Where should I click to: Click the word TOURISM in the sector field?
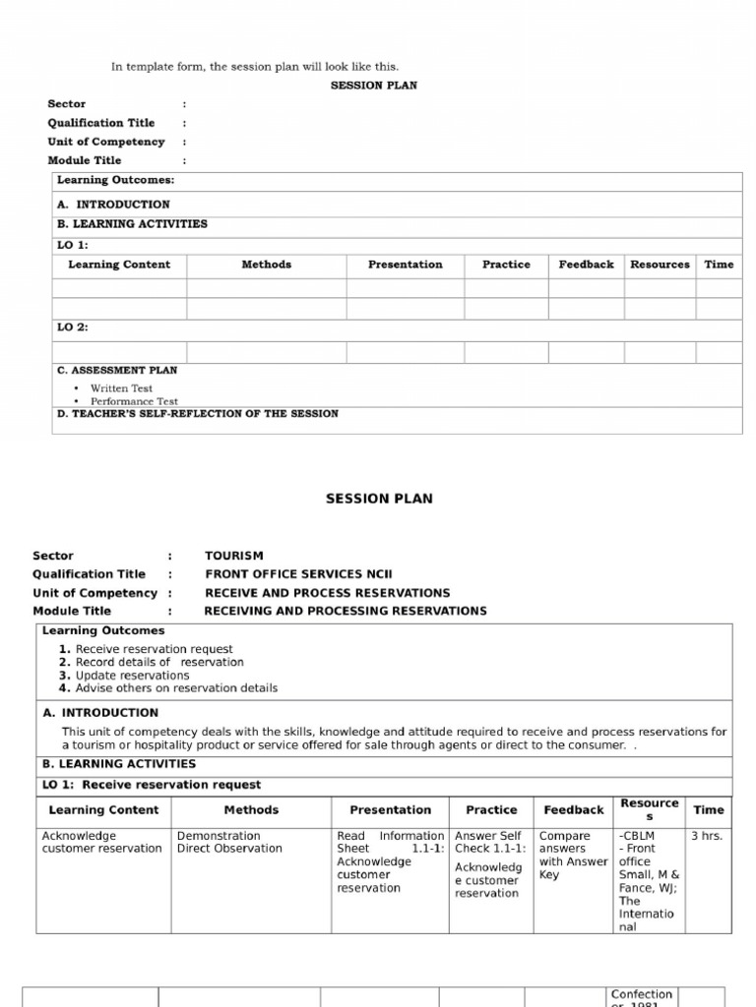coord(234,556)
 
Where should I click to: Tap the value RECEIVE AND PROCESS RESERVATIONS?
coord(327,593)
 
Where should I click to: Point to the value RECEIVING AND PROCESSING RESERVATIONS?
coord(345,611)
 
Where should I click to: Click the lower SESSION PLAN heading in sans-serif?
coord(379,499)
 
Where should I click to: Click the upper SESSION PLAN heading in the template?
coord(373,86)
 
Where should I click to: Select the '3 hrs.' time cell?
coord(707,836)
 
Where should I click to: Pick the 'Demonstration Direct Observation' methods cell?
coord(229,843)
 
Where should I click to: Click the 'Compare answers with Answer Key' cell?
coord(574,856)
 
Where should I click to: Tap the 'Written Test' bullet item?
coord(121,388)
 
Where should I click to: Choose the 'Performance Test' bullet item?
coord(134,401)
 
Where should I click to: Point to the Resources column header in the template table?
coord(660,265)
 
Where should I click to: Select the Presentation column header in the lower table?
coord(390,810)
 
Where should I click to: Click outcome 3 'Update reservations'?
coord(132,676)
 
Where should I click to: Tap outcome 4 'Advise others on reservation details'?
coord(176,688)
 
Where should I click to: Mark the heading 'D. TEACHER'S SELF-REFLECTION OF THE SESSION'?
coord(197,414)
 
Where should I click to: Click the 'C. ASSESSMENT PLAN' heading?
coord(117,371)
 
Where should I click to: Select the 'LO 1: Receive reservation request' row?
coord(152,785)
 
